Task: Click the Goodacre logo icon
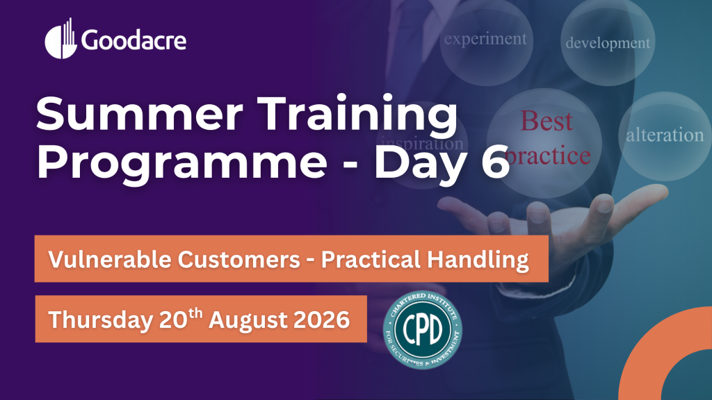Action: click(x=60, y=40)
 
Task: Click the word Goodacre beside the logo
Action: click(x=134, y=40)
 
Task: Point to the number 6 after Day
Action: click(x=495, y=161)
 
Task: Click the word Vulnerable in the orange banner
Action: click(x=110, y=260)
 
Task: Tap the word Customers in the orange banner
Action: click(x=239, y=260)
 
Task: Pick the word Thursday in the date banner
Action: click(x=101, y=319)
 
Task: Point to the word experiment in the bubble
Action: click(x=485, y=40)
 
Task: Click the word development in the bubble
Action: click(x=608, y=43)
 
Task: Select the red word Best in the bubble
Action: click(x=547, y=121)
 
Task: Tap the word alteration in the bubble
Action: click(x=665, y=135)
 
